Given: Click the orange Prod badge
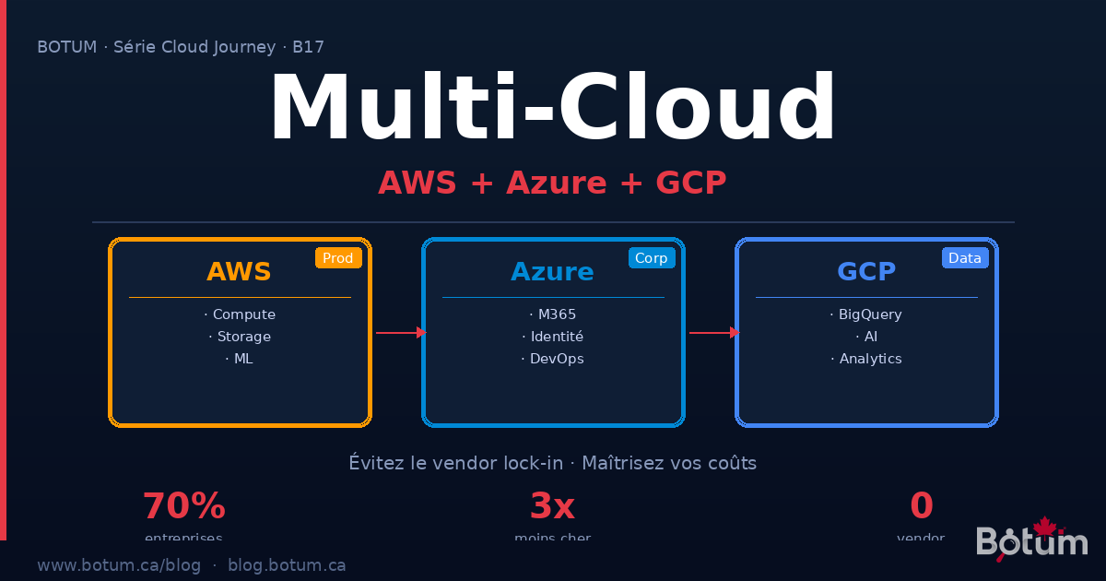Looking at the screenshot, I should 338,258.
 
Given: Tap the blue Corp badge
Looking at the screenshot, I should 652,258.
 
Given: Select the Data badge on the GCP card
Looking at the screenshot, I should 965,258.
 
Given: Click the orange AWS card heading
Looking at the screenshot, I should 240,272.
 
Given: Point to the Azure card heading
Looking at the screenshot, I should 553,272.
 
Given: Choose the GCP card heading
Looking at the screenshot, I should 866,272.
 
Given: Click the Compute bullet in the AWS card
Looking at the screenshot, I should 240,314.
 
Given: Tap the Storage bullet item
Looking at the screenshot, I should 240,337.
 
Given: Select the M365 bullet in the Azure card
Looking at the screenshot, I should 553,314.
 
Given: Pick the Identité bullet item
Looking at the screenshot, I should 553,337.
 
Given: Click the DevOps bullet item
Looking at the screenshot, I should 553,359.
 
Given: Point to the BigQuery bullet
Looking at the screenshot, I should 866,314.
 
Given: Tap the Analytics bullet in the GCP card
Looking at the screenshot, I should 866,359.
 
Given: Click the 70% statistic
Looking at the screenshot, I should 184,506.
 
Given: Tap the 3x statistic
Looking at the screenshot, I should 552,506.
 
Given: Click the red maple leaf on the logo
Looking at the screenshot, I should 1044,527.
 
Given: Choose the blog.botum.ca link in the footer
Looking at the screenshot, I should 287,565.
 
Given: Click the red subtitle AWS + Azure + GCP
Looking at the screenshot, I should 553,183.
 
